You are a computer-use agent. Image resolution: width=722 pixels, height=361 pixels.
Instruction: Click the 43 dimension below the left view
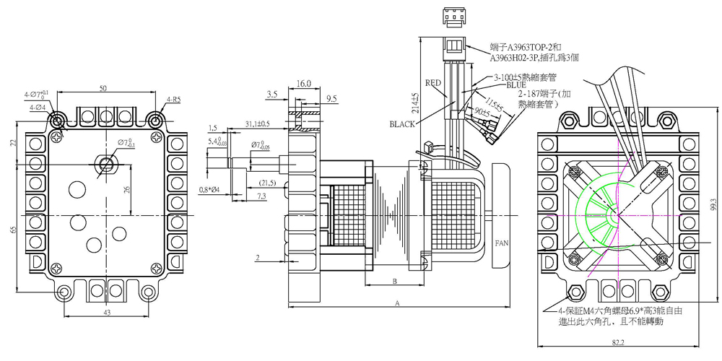click(107, 312)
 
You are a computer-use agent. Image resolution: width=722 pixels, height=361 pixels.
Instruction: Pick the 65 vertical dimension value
click(13, 229)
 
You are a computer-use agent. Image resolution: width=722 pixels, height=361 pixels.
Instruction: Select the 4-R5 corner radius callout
click(174, 99)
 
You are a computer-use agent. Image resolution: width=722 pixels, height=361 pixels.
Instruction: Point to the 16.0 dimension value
click(303, 84)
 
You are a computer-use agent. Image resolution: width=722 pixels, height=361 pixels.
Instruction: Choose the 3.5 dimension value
click(273, 94)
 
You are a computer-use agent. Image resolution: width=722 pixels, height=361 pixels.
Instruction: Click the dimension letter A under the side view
click(396, 304)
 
